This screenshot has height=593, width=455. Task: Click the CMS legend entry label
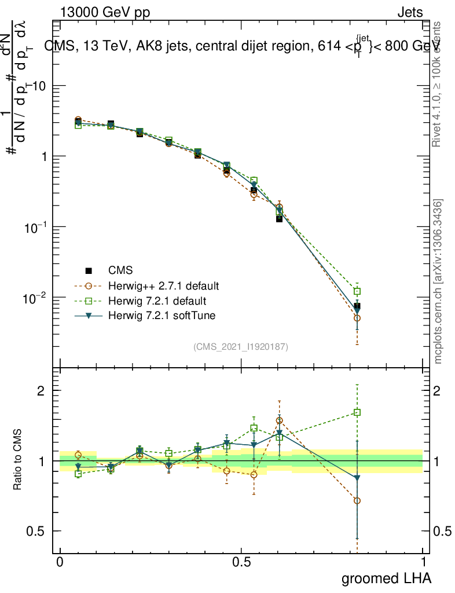120,270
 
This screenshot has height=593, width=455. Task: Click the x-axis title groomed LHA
387,578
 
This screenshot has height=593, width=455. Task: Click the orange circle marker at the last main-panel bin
358,318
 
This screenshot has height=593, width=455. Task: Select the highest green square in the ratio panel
358,413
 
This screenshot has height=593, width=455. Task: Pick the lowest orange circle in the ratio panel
358,500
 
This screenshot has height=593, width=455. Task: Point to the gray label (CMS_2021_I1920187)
241,346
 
